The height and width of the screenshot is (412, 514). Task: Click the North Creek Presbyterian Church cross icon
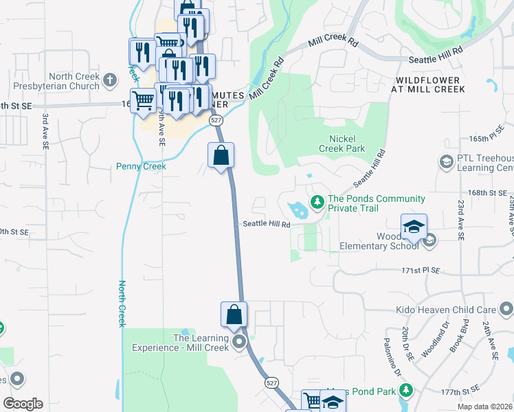110,82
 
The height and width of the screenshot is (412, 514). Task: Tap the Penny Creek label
141,166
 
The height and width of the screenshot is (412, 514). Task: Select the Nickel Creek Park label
342,142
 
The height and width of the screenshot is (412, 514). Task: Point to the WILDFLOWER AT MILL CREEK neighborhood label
429,84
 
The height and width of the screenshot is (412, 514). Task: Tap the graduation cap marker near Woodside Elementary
414,227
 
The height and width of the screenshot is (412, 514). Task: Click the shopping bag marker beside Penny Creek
221,156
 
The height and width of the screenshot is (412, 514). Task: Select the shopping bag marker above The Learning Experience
234,314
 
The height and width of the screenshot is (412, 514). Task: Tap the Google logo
23,404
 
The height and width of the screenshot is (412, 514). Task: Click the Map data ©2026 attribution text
484,407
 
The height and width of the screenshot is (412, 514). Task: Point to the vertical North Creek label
122,303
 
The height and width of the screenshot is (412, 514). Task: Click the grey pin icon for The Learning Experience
239,342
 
